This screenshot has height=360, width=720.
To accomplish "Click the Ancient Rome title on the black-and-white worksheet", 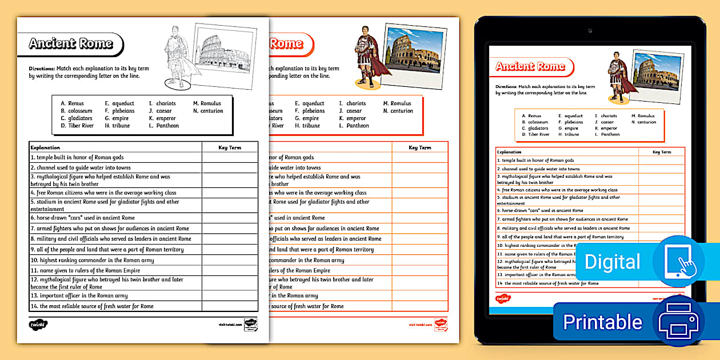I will pos(71,44).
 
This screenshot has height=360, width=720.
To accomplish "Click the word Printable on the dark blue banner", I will pos(602,322).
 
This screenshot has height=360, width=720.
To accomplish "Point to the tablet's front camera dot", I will pos(590,29).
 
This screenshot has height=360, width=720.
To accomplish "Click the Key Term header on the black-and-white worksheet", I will pos(230,147).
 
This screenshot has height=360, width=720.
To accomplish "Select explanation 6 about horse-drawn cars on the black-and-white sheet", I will pos(83,218).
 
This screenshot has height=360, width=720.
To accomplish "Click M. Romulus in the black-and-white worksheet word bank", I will pos(207,103).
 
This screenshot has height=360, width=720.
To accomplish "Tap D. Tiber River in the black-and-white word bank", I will pos(77,126).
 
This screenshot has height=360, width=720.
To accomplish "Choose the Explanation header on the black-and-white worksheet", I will pos(45,147).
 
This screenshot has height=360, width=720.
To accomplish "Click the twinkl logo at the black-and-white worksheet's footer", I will pos(38,325).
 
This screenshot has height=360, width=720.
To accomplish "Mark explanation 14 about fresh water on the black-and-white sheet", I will pos(92,306).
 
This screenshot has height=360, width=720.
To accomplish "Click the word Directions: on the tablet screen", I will pos(506,87).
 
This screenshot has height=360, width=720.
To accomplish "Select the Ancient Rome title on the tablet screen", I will pos(530,66).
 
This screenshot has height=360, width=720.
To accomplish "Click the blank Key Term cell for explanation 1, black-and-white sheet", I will pos(230,157).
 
